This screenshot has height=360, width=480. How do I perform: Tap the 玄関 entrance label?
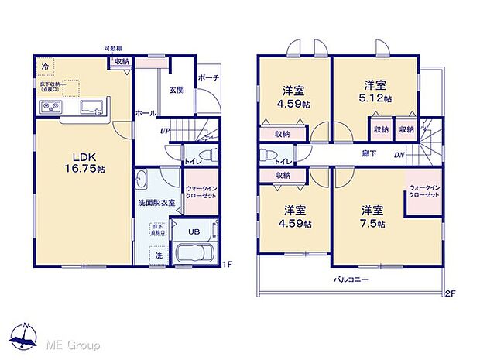tap(176, 90)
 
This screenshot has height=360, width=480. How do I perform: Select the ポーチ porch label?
tap(207, 78)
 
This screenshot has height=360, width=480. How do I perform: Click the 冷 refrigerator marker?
tap(45, 66)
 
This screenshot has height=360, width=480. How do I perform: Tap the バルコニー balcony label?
tap(351, 278)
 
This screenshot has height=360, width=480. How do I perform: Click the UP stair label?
tap(165, 131)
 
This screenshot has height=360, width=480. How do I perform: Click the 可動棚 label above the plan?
tap(115, 48)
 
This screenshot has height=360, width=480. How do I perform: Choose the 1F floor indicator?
tap(228, 266)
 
